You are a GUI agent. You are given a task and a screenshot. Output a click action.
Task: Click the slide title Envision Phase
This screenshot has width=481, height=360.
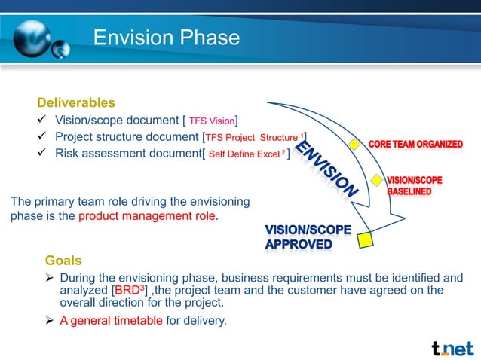click(166, 38)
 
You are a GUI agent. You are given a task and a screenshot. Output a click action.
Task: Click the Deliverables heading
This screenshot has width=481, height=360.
click(76, 102)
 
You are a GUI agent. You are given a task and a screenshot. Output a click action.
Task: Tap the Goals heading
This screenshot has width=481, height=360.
click(63, 261)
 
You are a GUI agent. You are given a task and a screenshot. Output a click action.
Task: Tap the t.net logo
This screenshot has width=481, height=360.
click(452, 348)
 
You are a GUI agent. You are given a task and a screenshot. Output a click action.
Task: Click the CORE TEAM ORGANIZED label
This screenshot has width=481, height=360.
click(415, 144)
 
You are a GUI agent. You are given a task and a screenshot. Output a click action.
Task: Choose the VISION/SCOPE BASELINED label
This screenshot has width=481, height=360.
click(414, 186)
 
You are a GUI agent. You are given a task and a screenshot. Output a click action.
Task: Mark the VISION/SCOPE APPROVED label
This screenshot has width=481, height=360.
click(299, 236)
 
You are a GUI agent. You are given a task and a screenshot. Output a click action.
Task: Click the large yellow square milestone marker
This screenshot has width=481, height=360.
click(365, 239)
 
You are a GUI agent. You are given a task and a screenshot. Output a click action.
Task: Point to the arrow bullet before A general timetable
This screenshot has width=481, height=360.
click(50, 321)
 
